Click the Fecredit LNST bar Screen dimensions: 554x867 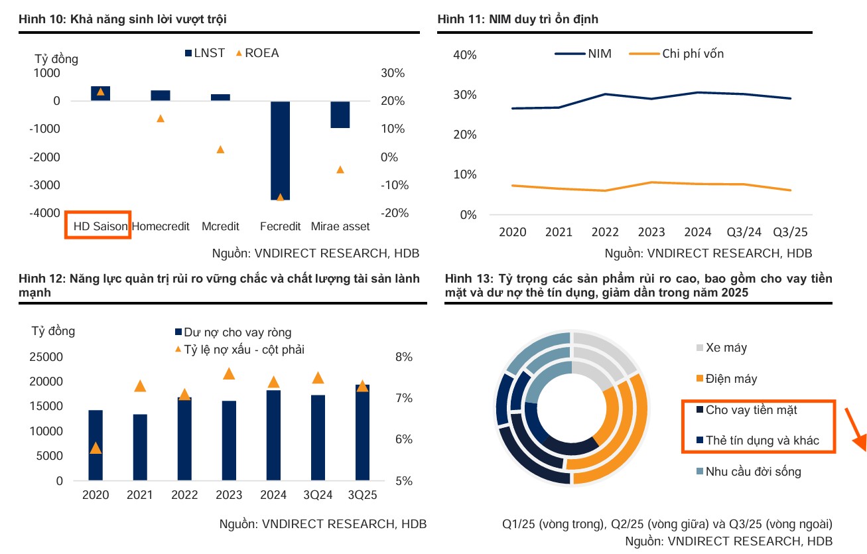point(281,150)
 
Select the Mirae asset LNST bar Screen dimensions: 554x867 point(340,114)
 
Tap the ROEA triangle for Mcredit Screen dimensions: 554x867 point(220,149)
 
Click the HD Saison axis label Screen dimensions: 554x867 point(100,226)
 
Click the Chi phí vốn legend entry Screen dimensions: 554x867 point(677,54)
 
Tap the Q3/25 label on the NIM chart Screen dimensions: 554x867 point(791,232)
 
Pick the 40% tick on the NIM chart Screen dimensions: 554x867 point(464,55)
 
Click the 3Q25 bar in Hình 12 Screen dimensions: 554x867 point(363,433)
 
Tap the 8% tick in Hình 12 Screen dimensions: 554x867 point(404,357)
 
